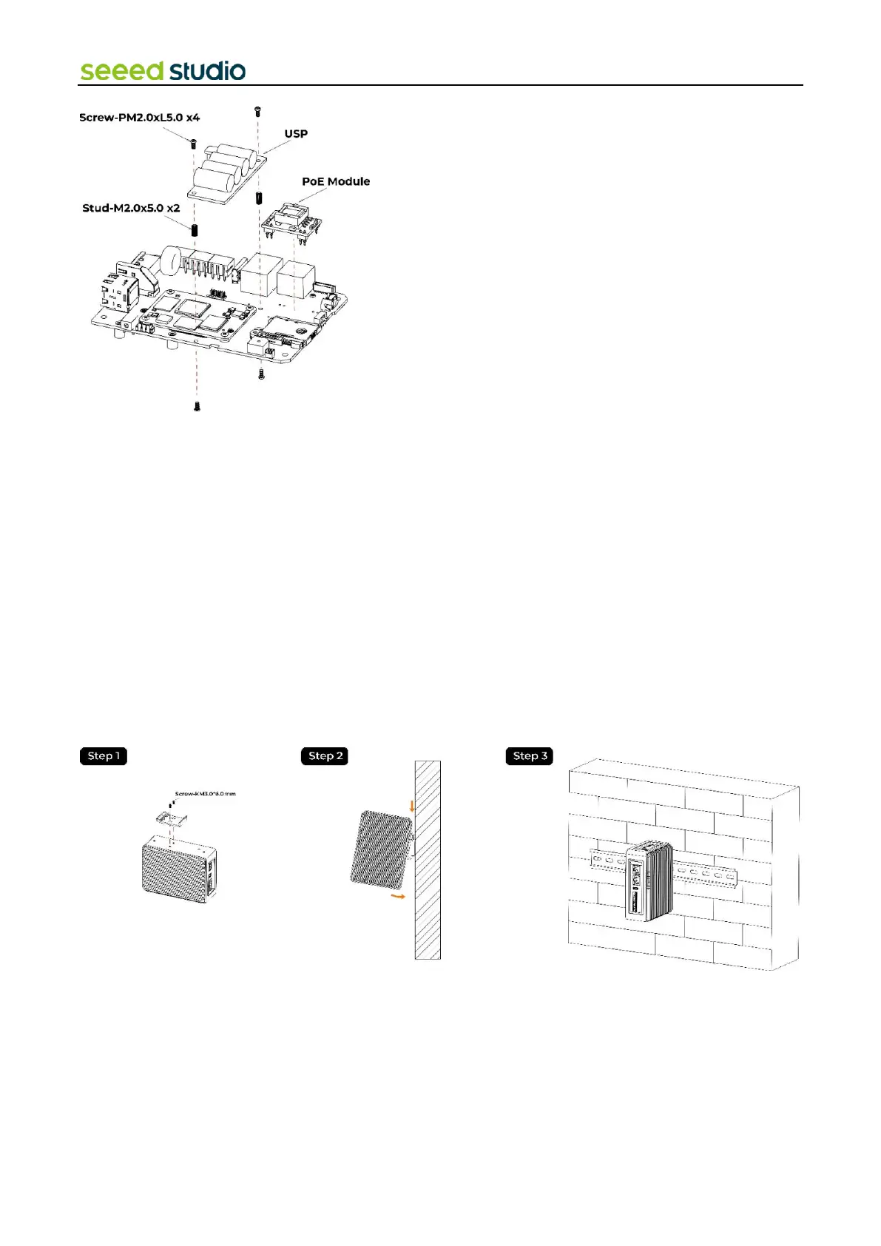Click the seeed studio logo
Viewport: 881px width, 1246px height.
coord(163,71)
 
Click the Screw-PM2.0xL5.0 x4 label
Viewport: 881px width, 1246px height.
coord(139,118)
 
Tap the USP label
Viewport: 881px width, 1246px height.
coord(296,134)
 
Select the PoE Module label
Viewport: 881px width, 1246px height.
coord(336,181)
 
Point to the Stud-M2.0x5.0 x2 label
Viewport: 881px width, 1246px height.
coord(131,208)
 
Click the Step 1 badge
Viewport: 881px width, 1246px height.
coord(104,756)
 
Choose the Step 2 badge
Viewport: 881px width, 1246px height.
coord(325,756)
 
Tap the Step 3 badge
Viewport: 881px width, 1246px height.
coord(530,756)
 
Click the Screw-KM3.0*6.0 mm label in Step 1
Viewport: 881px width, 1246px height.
coord(206,794)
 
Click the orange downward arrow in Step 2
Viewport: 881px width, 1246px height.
coord(412,804)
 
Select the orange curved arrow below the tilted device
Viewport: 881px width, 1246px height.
coord(398,896)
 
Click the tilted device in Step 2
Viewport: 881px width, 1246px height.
coord(380,850)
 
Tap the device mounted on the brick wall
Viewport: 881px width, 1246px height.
coord(648,880)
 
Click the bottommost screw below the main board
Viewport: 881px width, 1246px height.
coord(197,405)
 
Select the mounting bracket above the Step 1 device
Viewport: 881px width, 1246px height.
coord(171,818)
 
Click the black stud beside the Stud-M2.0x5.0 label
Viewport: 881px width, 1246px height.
coord(195,229)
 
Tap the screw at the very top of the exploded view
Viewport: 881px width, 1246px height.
coord(257,112)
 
